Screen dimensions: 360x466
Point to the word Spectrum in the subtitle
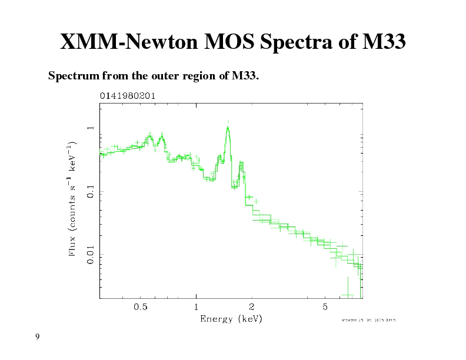point(73,76)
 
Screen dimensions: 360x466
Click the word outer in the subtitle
point(152,76)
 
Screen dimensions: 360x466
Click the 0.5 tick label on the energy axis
point(141,306)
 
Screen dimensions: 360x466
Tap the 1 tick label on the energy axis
point(196,306)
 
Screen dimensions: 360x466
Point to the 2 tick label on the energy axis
point(252,306)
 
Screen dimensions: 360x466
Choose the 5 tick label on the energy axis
point(325,306)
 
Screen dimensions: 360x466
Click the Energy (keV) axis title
point(231,319)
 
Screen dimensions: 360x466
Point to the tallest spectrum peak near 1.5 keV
point(228,128)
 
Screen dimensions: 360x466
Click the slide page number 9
point(37,336)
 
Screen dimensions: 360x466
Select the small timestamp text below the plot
point(368,320)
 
